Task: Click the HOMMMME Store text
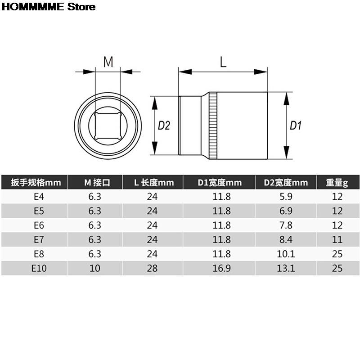click(x=49, y=7)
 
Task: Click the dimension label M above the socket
click(x=108, y=62)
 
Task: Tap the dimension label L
click(x=223, y=62)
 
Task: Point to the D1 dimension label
click(x=295, y=126)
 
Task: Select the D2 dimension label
click(x=164, y=126)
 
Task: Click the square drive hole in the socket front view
click(x=108, y=126)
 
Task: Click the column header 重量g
click(x=337, y=182)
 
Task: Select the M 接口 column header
click(x=95, y=182)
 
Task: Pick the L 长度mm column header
click(x=153, y=182)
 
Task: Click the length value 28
click(x=153, y=269)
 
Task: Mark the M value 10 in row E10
click(x=95, y=269)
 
